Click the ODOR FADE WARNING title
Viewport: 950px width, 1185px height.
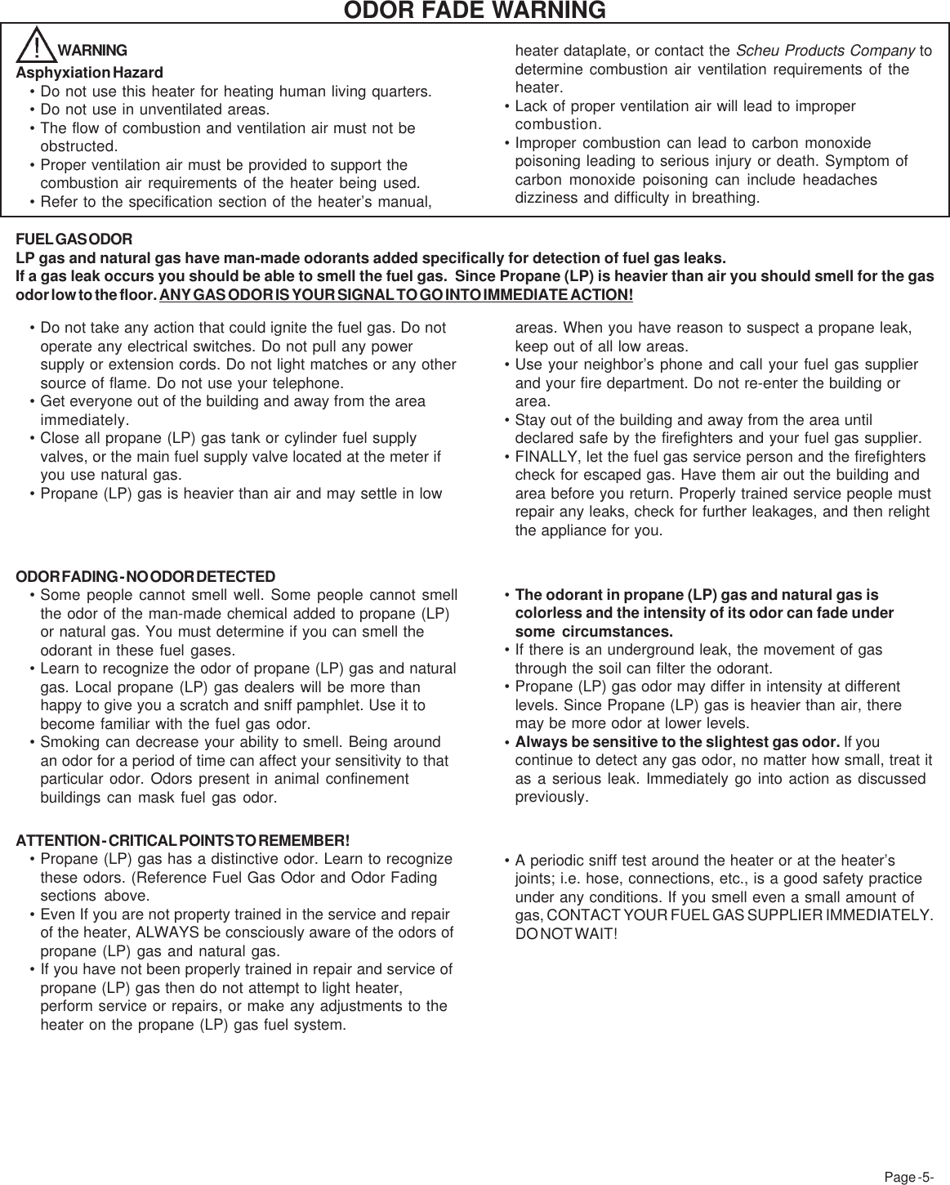coord(475,11)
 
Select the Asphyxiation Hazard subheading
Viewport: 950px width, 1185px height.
coord(90,73)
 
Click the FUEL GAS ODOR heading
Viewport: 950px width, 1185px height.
coord(74,240)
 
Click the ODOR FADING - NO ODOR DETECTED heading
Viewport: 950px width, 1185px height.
coord(146,577)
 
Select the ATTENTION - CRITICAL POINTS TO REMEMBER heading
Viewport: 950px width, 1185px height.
coord(183,841)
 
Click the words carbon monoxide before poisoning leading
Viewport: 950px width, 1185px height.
coord(820,143)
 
